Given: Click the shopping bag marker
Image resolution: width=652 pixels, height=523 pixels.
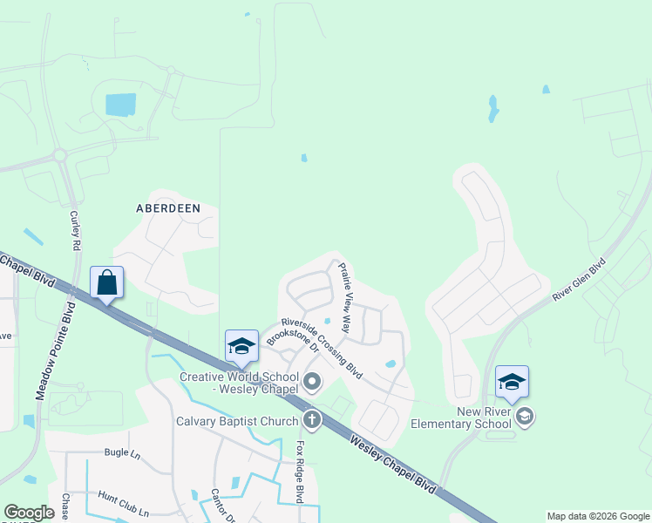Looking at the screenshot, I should (x=106, y=283).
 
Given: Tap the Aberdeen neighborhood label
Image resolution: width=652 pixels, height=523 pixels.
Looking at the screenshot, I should (x=168, y=208).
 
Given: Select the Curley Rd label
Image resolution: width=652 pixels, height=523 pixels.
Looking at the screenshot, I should (x=76, y=231).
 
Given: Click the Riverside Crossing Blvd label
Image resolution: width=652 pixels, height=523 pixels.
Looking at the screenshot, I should (x=321, y=345).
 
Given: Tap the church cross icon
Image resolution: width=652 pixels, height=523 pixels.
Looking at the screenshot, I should (x=310, y=420).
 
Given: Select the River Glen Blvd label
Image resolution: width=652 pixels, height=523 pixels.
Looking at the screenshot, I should (x=579, y=280).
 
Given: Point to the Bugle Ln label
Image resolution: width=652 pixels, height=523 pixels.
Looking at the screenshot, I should (x=122, y=454).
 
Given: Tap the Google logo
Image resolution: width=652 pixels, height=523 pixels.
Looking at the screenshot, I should (x=30, y=513).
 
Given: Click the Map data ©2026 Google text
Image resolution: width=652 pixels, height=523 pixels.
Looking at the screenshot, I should (x=597, y=516).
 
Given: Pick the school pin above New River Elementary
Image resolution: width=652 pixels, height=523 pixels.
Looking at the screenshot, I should (x=512, y=382).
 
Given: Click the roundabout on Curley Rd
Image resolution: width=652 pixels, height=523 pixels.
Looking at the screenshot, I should (x=60, y=155).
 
